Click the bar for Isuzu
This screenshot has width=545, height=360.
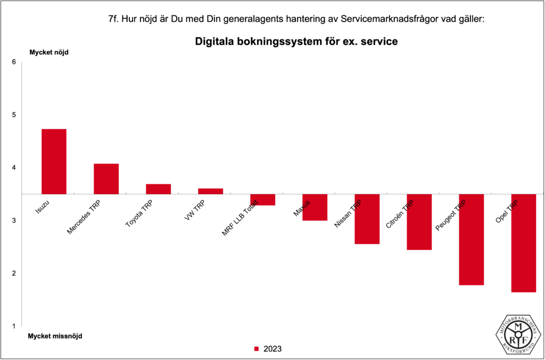tap(54, 161)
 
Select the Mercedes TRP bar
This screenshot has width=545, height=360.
tap(106, 179)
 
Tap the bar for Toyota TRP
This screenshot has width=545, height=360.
tap(158, 189)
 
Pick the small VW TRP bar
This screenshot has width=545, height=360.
tap(210, 191)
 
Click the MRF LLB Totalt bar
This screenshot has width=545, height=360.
tap(262, 200)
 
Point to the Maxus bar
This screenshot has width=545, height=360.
tap(315, 207)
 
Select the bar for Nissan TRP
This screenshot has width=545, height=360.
tap(367, 219)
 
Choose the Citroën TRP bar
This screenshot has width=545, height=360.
tap(419, 222)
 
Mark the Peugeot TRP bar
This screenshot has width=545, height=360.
tap(471, 240)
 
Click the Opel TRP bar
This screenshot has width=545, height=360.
tap(523, 243)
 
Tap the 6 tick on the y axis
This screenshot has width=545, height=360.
tap(14, 62)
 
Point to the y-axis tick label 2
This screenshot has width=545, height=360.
tap(14, 273)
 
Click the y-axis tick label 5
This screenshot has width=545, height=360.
tap(14, 115)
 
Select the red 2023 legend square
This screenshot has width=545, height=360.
tap(256, 349)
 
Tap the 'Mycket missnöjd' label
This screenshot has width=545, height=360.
tap(55, 336)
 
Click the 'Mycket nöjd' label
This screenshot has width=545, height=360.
tap(49, 52)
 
